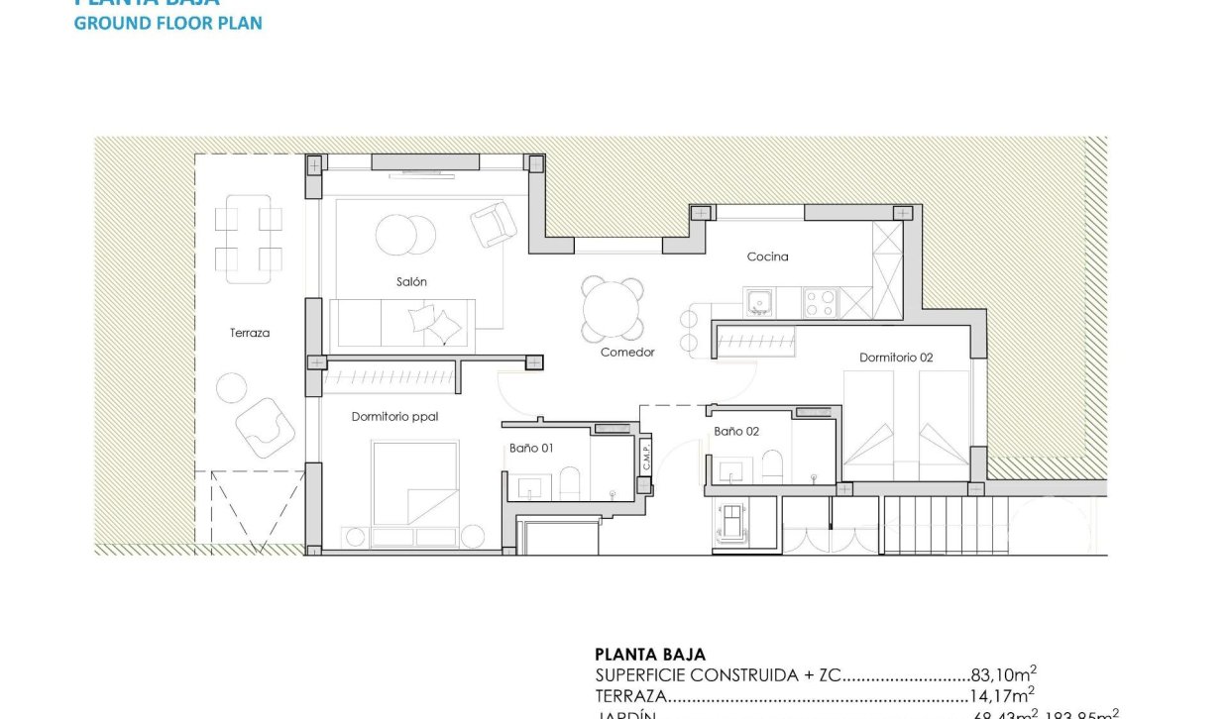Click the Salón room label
coord(411,282)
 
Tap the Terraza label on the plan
coord(249,333)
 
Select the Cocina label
coord(767,257)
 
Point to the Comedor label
coord(627,352)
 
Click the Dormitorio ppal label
coord(394,417)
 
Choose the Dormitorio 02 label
coord(895,358)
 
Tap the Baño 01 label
coord(531,448)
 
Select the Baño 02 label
coord(736,431)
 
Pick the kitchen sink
coord(760,301)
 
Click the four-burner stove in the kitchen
coord(820,302)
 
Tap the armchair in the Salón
coord(493,224)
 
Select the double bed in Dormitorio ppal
coord(415,482)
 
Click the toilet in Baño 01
coord(571,484)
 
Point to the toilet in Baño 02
coord(772,467)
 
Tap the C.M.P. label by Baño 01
coord(644,457)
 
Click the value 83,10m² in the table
coord(1003,674)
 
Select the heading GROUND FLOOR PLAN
coord(168,23)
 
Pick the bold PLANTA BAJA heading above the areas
coord(650,655)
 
